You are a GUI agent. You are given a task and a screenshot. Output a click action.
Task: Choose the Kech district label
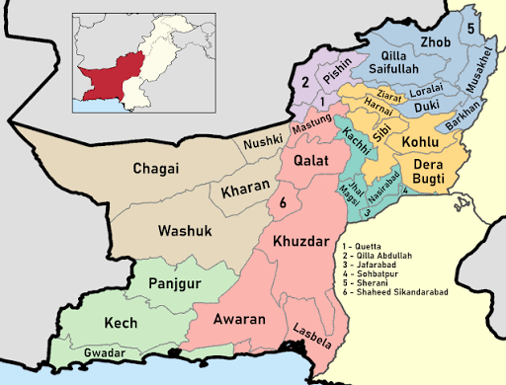(x=121, y=323)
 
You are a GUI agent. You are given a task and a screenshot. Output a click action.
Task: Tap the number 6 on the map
(x=284, y=202)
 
